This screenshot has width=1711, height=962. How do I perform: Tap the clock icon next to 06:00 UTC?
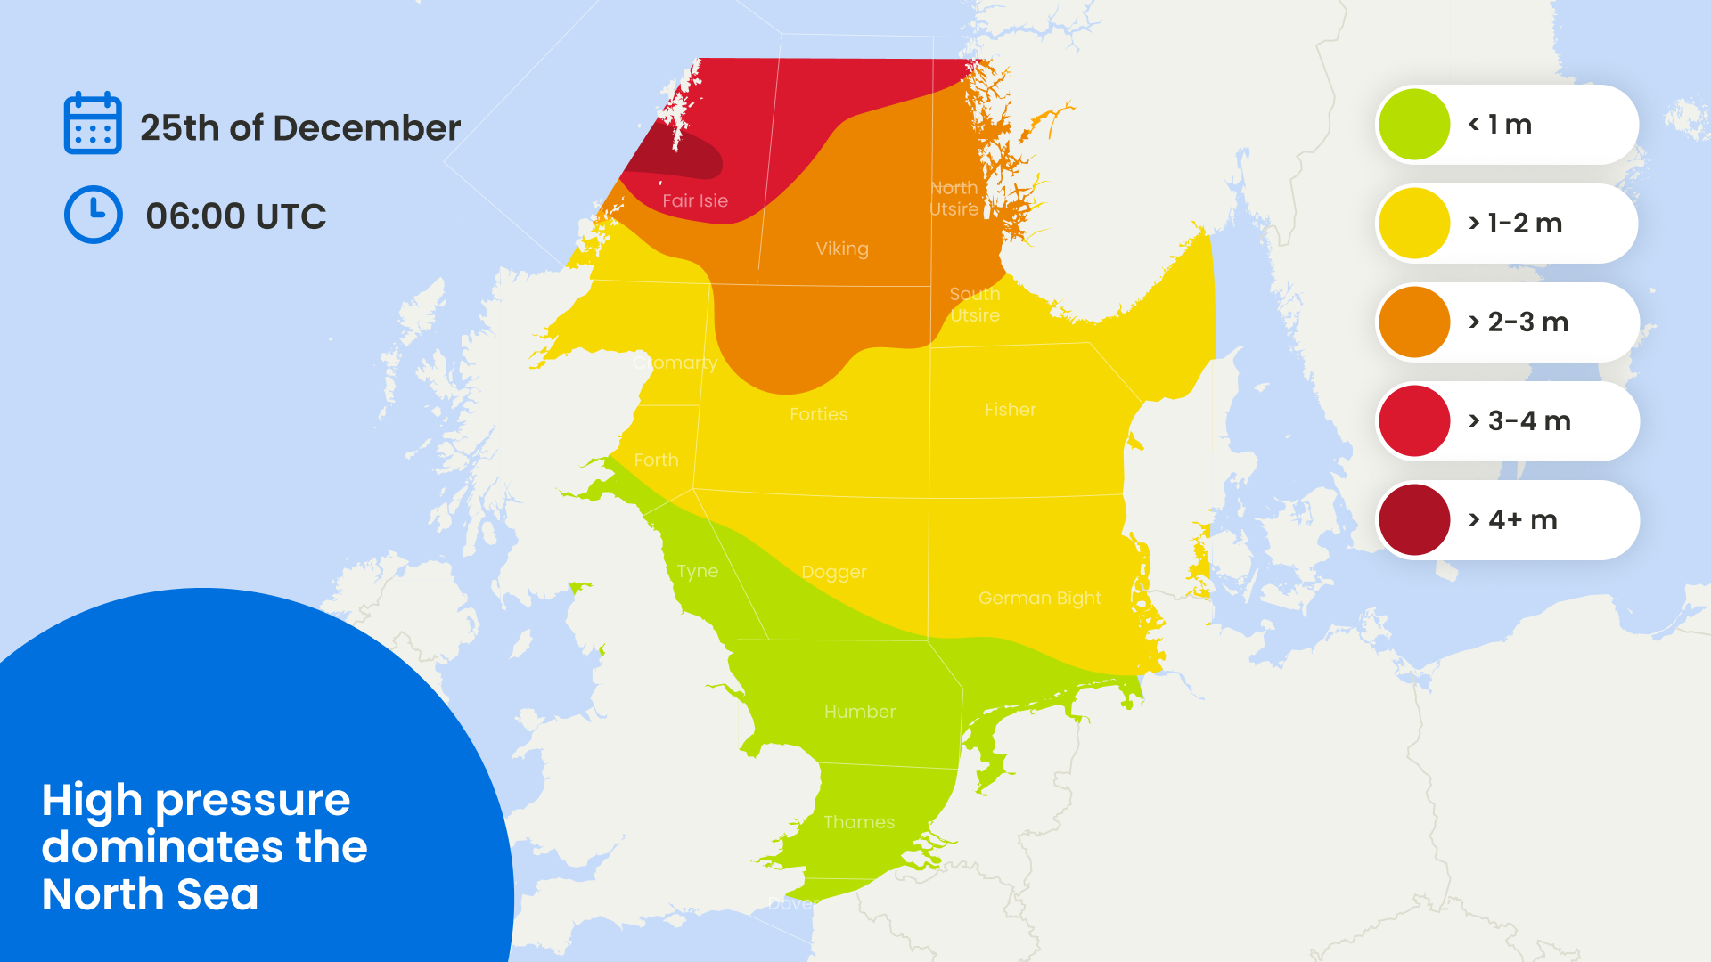[x=93, y=215]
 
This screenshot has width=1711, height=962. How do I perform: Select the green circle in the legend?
[x=1414, y=125]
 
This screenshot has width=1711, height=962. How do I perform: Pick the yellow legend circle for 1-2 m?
[x=1414, y=224]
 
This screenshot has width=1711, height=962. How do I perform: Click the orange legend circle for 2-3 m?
[x=1414, y=322]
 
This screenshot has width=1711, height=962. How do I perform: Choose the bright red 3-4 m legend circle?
[x=1414, y=421]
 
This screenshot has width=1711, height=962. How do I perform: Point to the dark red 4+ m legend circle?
[x=1414, y=520]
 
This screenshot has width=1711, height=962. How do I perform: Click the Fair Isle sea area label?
[x=695, y=201]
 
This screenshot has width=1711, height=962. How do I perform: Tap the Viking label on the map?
[x=842, y=249]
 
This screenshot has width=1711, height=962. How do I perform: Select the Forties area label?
[x=818, y=414]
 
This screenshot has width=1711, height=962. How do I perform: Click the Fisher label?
[x=1011, y=410]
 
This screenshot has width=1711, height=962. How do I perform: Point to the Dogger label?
[x=834, y=572]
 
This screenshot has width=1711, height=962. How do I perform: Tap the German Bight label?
[x=1040, y=599]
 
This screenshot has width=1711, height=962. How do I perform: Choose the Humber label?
[x=860, y=712]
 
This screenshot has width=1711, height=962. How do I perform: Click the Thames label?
[x=859, y=822]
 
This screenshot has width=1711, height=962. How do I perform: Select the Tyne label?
[x=697, y=571]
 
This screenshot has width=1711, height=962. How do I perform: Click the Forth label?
[x=656, y=461]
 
